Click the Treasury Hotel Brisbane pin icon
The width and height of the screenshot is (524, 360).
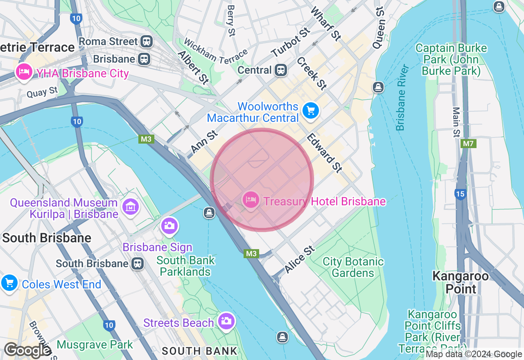[251, 200]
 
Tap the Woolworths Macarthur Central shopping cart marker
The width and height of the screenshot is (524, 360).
[310, 110]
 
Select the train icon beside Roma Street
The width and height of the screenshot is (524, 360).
[146, 41]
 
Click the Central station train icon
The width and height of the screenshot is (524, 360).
[280, 70]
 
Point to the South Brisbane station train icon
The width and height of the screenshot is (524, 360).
[138, 263]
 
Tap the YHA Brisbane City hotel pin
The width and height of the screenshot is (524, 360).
[24, 72]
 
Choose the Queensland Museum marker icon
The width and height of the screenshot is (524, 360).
[131, 207]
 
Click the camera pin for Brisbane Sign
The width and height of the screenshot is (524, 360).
[169, 226]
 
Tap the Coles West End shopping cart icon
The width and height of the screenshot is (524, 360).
[9, 283]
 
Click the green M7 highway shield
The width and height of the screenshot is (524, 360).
[468, 144]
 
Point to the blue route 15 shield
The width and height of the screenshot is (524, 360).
[461, 193]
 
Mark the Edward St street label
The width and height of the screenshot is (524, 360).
[324, 153]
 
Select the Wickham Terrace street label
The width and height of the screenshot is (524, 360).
[216, 51]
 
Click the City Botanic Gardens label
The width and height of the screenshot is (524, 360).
[353, 267]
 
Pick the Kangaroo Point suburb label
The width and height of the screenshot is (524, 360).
[461, 282]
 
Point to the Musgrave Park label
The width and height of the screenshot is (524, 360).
[95, 344]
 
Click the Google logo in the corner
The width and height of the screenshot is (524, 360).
[27, 351]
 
